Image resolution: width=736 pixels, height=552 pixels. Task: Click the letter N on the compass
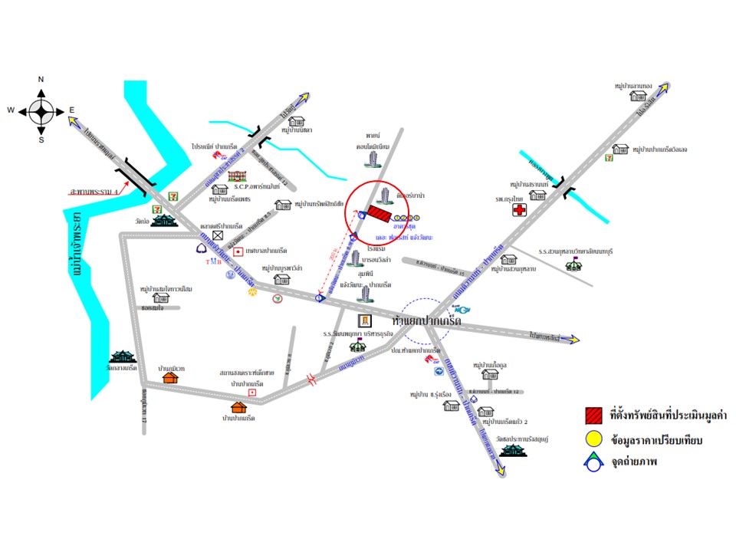click(x=41, y=80)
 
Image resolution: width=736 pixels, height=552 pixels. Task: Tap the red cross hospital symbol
click(x=521, y=209)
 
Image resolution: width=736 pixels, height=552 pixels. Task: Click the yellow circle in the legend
click(x=593, y=439)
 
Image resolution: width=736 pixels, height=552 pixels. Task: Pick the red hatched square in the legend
click(x=593, y=416)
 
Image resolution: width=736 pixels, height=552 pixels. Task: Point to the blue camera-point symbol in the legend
click(x=593, y=462)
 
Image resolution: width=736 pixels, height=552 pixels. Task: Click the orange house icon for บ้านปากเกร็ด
click(x=238, y=407)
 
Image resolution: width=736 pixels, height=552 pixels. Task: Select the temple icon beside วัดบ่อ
click(x=163, y=221)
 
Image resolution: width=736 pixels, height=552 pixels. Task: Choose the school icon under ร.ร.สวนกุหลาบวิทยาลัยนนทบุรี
click(x=572, y=265)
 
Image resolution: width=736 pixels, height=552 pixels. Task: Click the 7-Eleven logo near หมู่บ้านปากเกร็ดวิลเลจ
click(x=609, y=157)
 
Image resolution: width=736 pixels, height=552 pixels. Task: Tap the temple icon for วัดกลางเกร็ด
click(x=123, y=356)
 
